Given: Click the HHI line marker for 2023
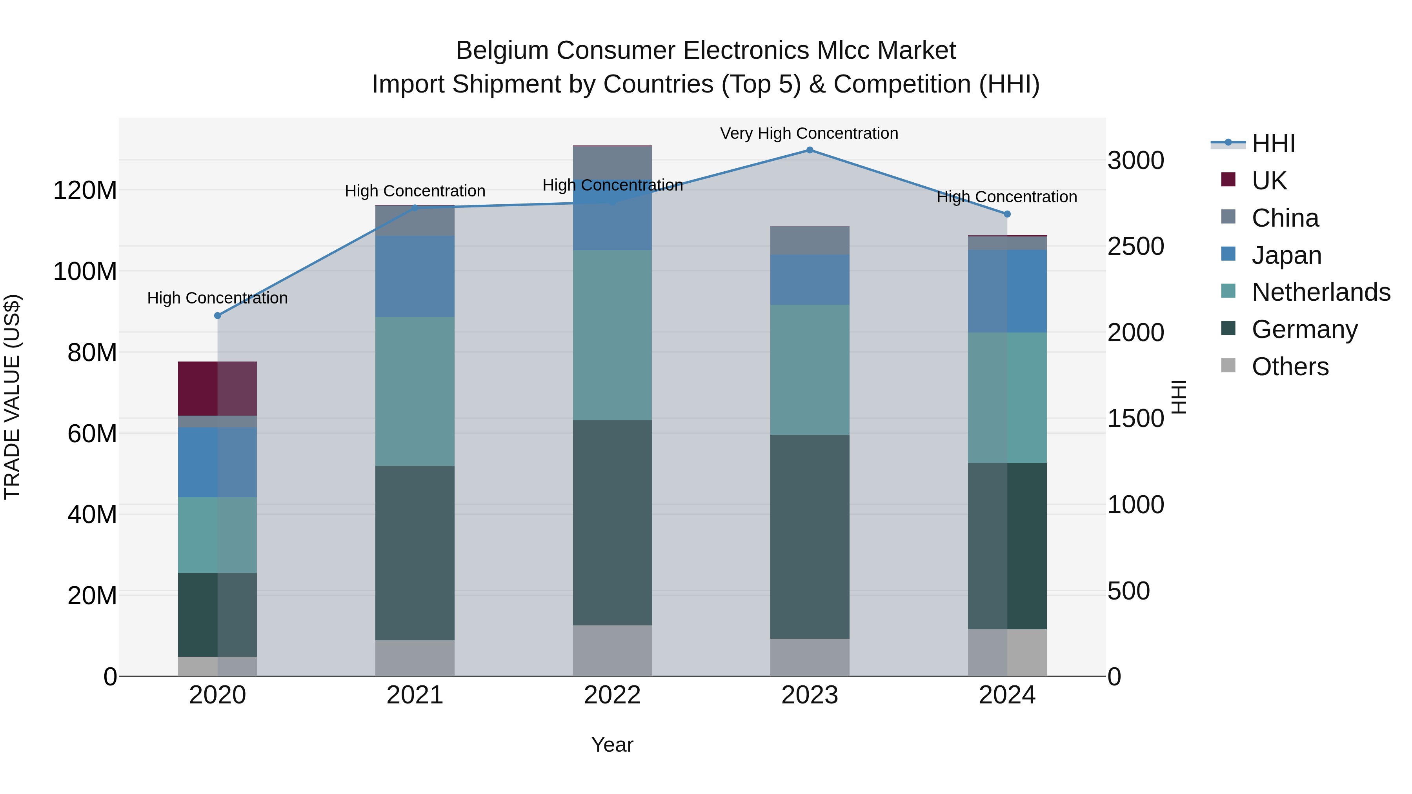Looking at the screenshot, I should pos(810,150).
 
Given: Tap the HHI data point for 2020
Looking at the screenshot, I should pos(218,316).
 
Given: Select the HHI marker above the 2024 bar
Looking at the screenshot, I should pos(1007,214).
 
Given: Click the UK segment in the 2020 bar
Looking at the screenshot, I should pos(218,389).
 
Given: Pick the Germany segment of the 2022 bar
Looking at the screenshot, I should pos(612,523).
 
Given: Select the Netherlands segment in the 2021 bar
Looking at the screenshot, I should pos(415,391).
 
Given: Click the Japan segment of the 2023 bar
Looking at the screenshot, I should pos(810,280).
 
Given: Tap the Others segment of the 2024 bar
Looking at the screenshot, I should pos(1007,652).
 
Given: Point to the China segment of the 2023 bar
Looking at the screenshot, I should pos(810,240).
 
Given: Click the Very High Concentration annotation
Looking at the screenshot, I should pos(809,134).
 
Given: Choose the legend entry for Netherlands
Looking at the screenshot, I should pos(1321,292).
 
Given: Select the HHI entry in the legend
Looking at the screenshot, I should pos(1273,144).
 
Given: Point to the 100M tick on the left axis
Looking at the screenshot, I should pos(85,271).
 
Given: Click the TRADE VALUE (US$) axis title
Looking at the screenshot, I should pos(12,397).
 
